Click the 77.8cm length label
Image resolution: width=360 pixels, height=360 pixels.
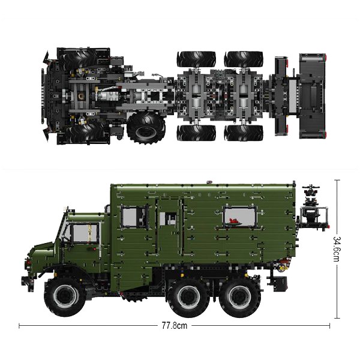tap(175, 326)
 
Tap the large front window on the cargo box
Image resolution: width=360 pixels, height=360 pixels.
tap(134, 217)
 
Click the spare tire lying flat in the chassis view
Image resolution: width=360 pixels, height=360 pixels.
tap(143, 125)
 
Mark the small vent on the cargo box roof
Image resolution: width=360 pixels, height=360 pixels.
tap(208, 180)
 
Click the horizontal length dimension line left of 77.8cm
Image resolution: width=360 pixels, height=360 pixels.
tap(90, 326)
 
